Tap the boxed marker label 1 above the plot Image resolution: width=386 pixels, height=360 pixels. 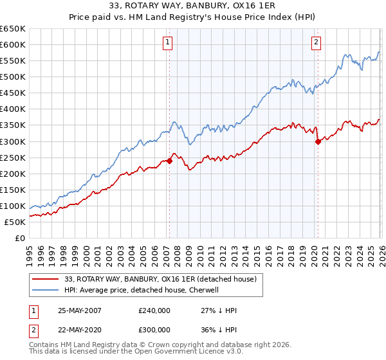(168, 43)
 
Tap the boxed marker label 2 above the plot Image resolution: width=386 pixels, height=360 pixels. (317, 43)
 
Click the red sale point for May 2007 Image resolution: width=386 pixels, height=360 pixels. (169, 161)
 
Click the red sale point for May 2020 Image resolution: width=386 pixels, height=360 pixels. (318, 142)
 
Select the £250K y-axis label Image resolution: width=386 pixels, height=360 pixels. (13, 157)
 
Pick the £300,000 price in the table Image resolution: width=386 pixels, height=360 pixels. (154, 328)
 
